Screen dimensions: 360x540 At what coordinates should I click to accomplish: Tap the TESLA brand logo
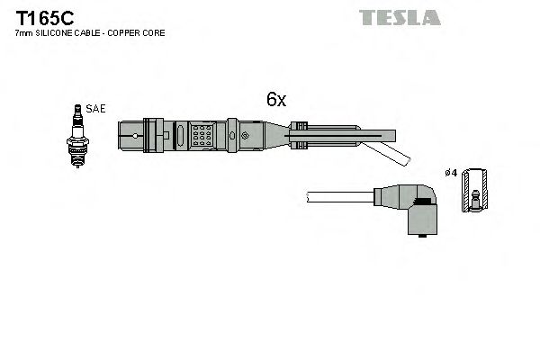(x=400, y=17)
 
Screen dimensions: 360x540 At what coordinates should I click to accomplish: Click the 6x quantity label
(x=275, y=101)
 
